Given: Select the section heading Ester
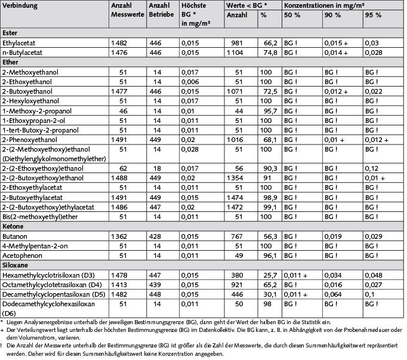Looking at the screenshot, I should tap(10, 33).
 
